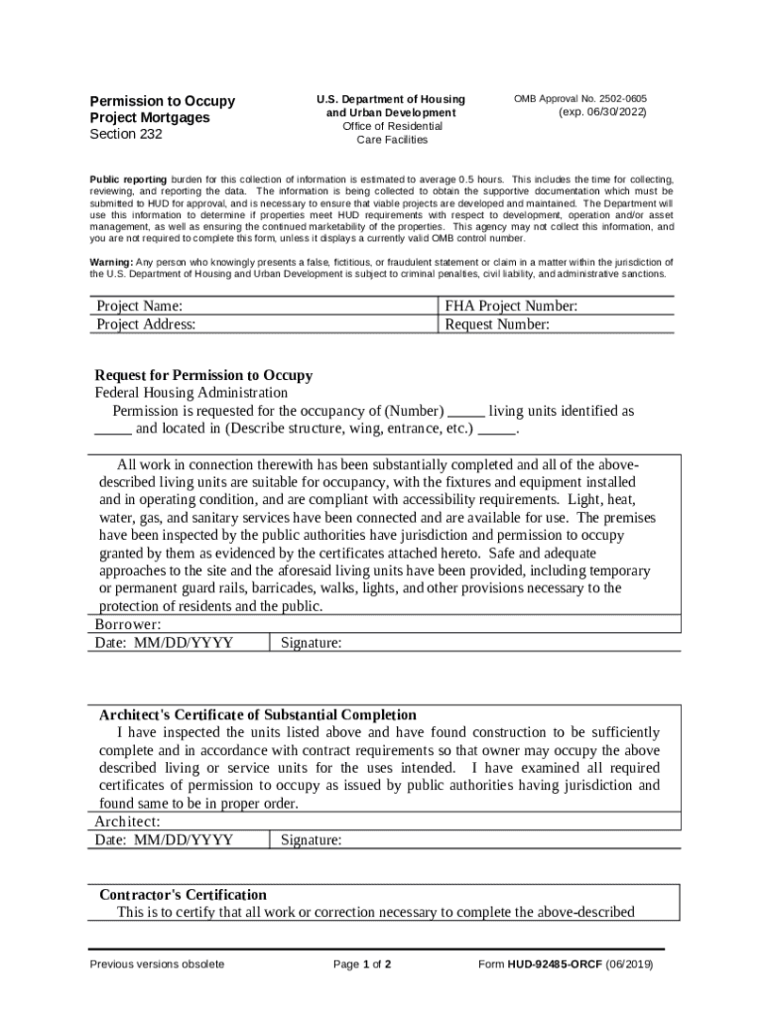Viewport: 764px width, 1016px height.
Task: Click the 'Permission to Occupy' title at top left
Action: [163, 101]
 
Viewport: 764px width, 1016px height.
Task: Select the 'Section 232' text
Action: [126, 134]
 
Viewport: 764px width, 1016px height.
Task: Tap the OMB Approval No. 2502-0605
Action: [579, 99]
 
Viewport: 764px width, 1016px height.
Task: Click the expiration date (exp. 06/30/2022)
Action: [601, 113]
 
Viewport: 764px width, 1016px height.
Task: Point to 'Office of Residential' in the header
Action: [392, 126]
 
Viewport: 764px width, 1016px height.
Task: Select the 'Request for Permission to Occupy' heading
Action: [203, 375]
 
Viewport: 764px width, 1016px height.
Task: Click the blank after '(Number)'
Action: [466, 412]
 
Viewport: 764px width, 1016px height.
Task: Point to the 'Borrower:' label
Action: [127, 625]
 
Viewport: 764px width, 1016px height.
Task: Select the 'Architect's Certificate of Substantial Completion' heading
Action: [257, 714]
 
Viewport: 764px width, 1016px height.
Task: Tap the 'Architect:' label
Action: [127, 822]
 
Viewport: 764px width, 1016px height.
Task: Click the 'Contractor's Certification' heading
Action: [183, 894]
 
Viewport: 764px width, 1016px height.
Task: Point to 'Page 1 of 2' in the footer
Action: [362, 963]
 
